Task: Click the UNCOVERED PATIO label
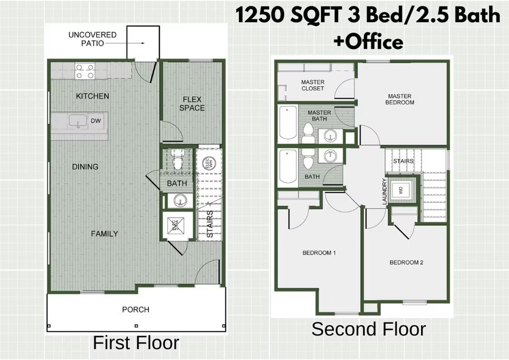click(x=92, y=39)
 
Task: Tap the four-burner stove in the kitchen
click(x=85, y=72)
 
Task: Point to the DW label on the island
click(x=96, y=121)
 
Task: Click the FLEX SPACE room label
click(x=192, y=104)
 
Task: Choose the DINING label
click(x=85, y=167)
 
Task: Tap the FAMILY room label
click(x=104, y=234)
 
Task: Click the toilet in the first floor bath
click(x=177, y=161)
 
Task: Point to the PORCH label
click(x=136, y=309)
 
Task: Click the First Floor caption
click(x=136, y=343)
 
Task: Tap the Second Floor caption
click(x=368, y=329)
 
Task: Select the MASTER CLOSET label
click(x=312, y=85)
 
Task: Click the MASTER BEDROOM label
click(x=400, y=99)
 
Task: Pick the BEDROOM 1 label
click(x=319, y=253)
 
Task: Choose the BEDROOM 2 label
click(x=406, y=262)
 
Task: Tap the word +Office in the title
click(x=368, y=42)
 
